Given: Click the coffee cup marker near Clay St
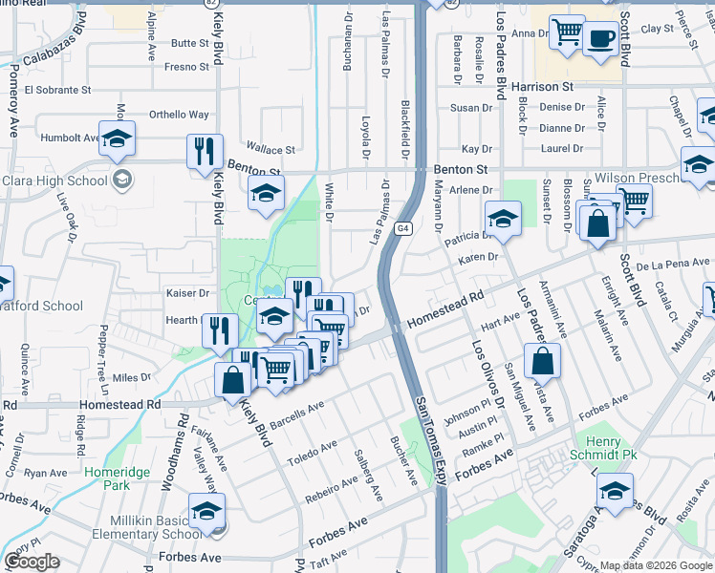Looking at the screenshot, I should pos(600,39).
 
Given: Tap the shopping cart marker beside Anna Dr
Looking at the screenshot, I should pos(567,32).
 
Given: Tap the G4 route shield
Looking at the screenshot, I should pos(404,228).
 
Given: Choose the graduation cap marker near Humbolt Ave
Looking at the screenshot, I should pos(117,139).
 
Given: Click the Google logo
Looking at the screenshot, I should pos(32,562).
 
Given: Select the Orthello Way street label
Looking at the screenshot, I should pos(179,115).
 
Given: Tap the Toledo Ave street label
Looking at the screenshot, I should pos(315,446).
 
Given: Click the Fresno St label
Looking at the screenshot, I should pos(186,67).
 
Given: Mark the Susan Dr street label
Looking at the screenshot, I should pos(471,108).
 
